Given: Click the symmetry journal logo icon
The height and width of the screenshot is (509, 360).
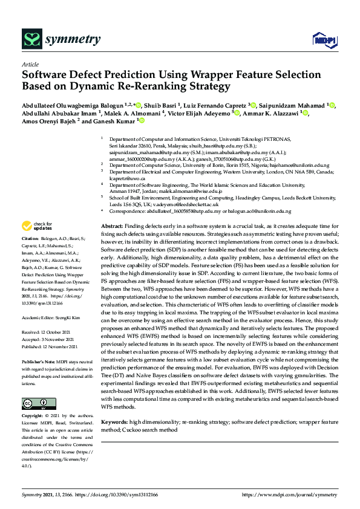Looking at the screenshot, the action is (x=31, y=40).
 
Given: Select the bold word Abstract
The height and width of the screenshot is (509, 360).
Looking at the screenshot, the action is (x=112, y=225).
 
